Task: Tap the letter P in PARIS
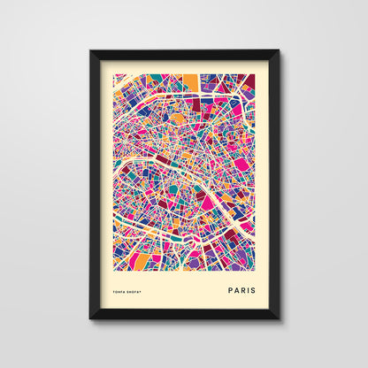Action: tap(230, 288)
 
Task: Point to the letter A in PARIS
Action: tap(236, 288)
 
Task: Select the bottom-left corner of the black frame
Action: tap(90, 318)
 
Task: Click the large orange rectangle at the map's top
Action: tap(191, 82)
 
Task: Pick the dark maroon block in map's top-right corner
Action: tap(249, 80)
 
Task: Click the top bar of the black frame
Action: tap(184, 56)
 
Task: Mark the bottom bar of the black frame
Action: tap(184, 313)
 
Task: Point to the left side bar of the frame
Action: tap(95, 184)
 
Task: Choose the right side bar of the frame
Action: tap(273, 184)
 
